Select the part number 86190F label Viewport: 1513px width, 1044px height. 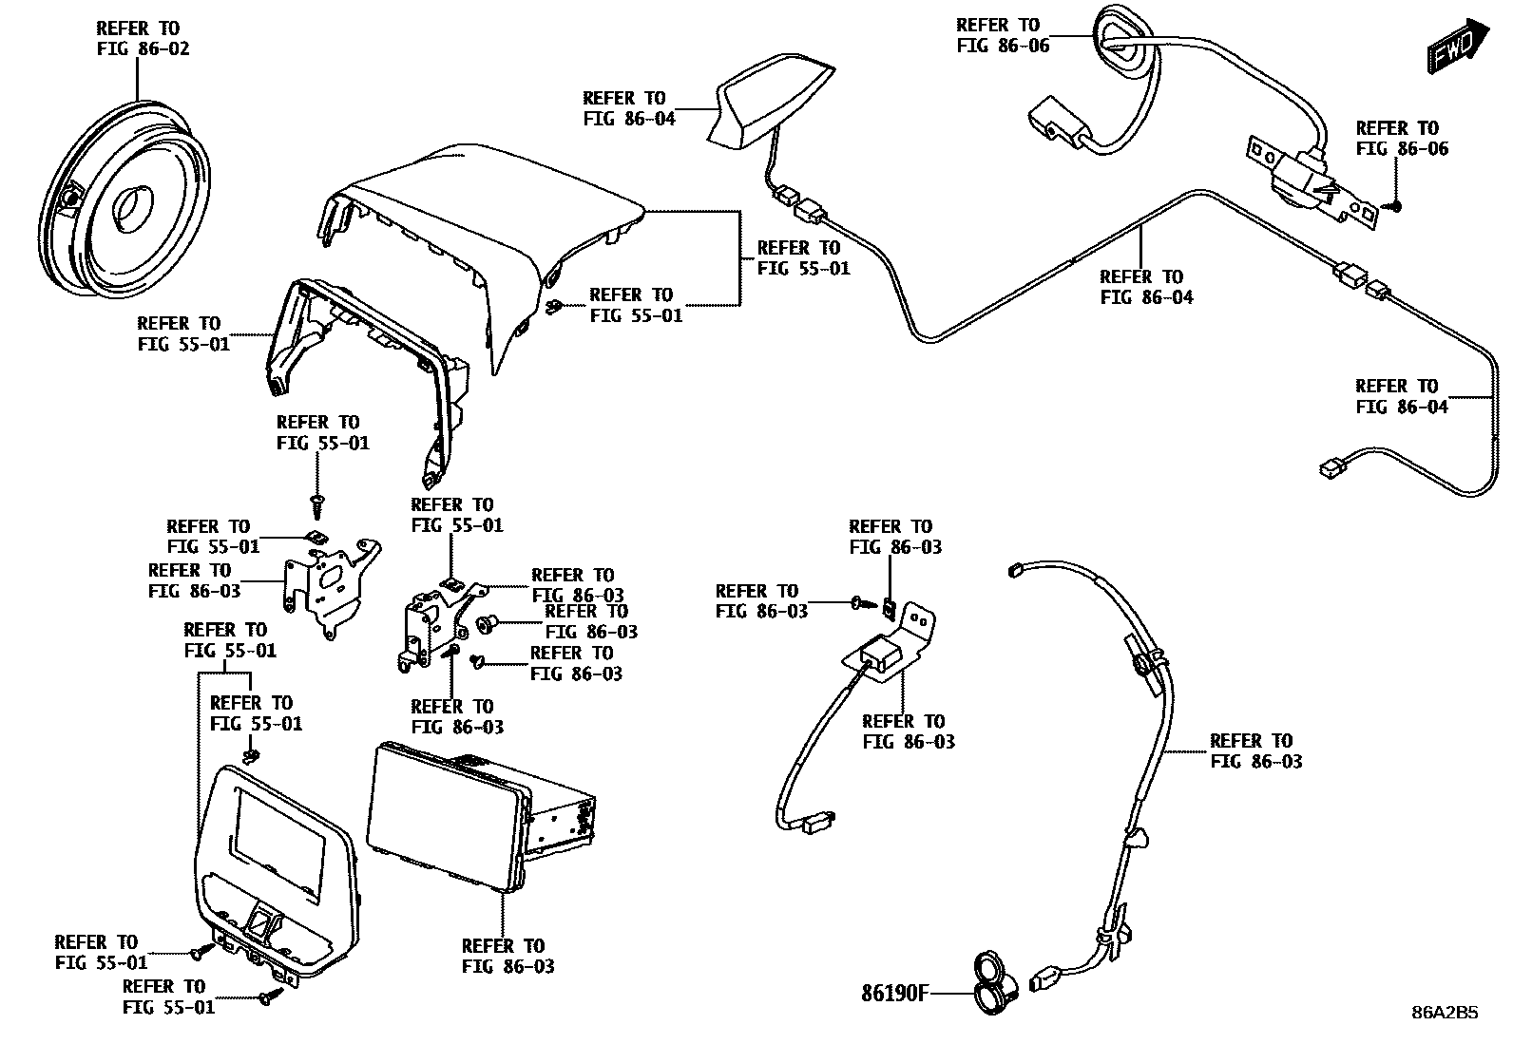point(893,994)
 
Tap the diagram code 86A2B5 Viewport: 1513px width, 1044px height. point(1444,1013)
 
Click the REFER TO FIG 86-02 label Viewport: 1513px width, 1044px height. point(143,38)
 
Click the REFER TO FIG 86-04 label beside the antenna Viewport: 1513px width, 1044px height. point(628,108)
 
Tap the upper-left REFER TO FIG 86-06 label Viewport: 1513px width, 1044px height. point(1002,35)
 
